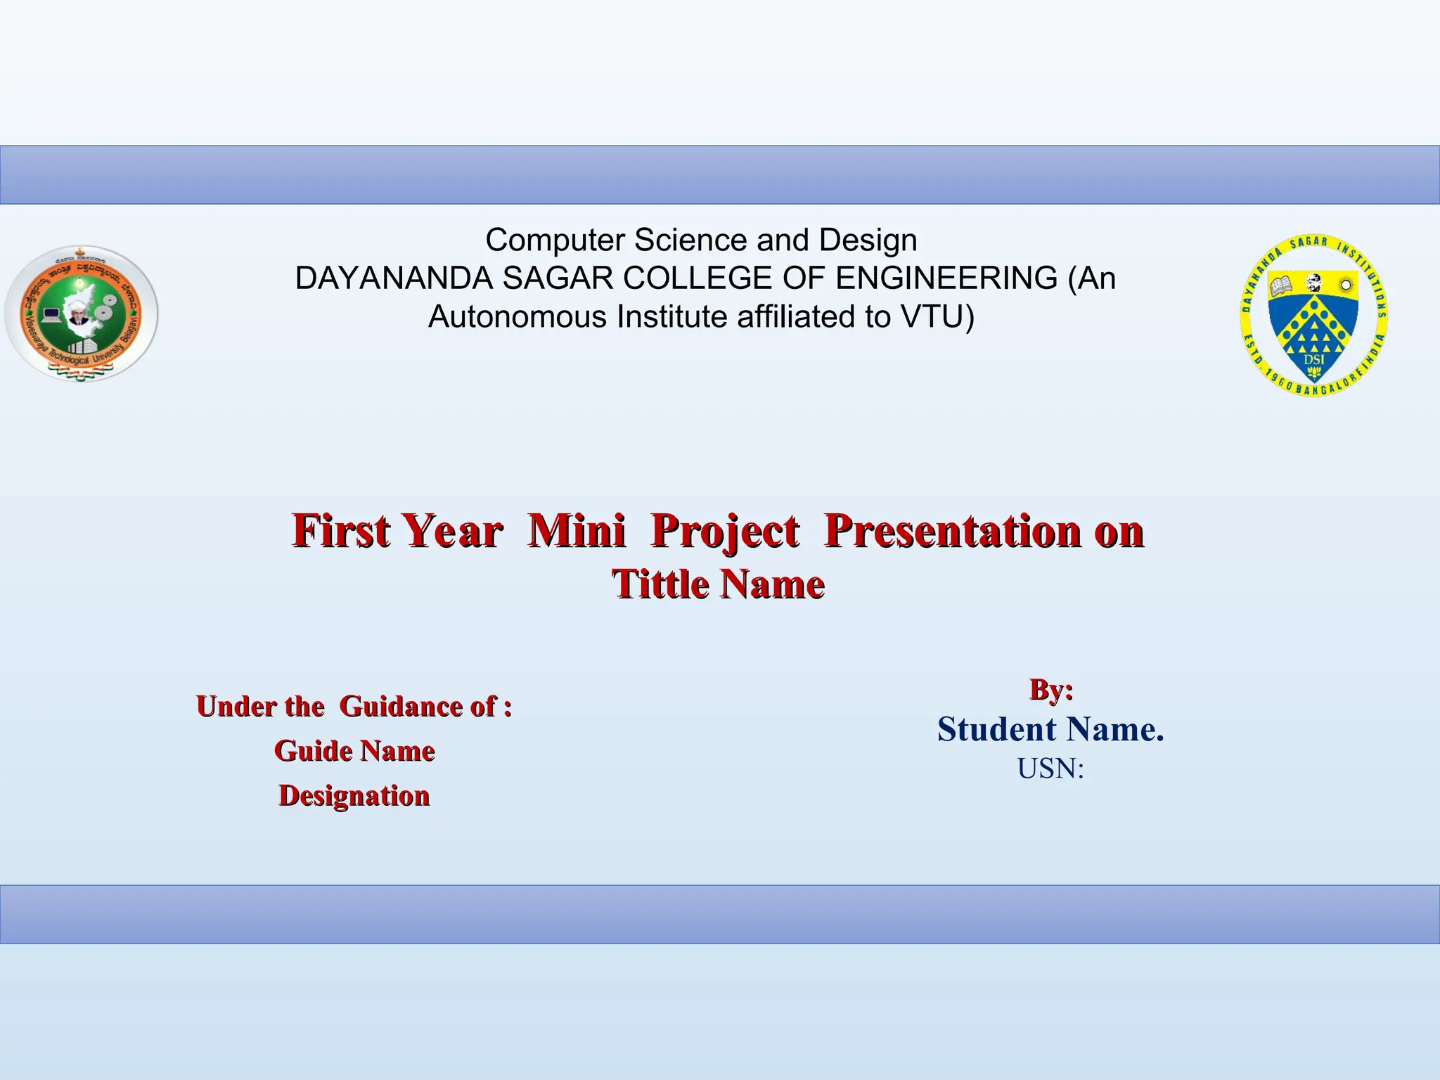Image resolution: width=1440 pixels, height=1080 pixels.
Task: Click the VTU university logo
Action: click(x=82, y=314)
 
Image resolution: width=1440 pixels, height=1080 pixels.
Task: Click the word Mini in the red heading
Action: click(x=577, y=531)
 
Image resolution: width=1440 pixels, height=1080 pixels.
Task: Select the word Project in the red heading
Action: click(x=724, y=531)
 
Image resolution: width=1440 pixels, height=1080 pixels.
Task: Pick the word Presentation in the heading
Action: click(x=953, y=531)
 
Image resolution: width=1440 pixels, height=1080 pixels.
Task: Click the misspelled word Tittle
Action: click(x=660, y=584)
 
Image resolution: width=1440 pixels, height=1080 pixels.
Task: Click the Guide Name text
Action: click(x=354, y=751)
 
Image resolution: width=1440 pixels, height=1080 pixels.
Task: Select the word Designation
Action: click(x=354, y=796)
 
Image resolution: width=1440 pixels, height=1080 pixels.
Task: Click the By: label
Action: click(x=1051, y=690)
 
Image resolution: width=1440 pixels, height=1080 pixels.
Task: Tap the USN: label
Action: click(x=1050, y=769)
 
